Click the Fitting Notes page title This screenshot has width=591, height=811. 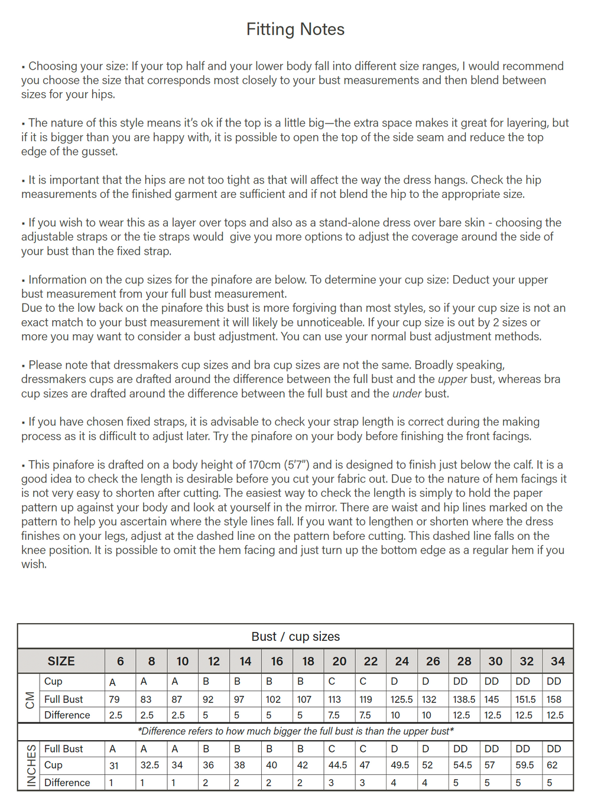tap(295, 30)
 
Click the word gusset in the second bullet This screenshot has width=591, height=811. tap(99, 152)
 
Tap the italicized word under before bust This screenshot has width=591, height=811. tap(407, 393)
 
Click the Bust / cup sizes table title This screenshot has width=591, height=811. tap(295, 637)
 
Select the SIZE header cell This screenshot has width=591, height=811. tap(61, 662)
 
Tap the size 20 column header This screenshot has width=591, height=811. tap(339, 662)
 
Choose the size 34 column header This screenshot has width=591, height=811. tap(557, 662)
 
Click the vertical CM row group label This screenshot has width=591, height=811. tap(29, 698)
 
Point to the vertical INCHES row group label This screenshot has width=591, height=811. tap(31, 766)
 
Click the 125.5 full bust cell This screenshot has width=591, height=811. tap(401, 699)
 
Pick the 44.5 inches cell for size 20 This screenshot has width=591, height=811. tap(337, 766)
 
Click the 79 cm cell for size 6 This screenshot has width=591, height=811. tap(114, 699)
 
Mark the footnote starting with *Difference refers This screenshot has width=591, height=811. tap(295, 731)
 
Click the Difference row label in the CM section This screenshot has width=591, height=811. tap(67, 715)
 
